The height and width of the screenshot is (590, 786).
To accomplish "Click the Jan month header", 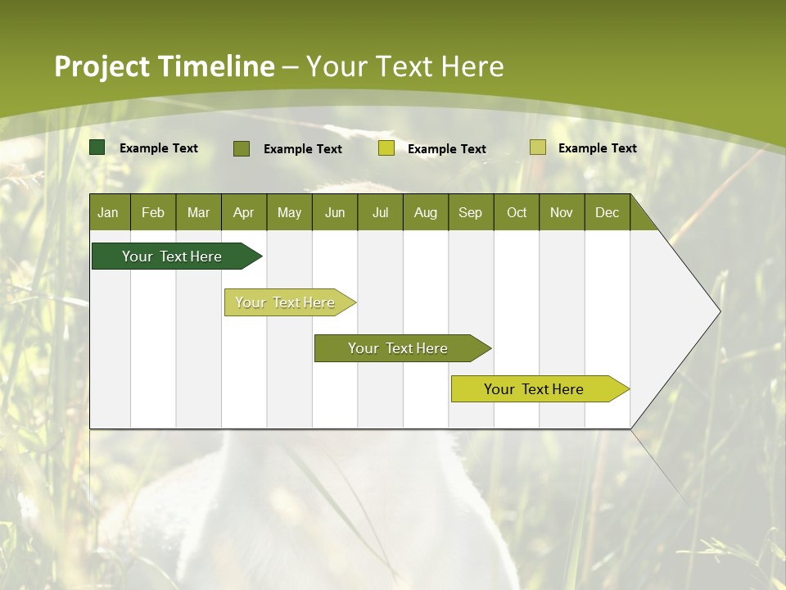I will click(x=109, y=212).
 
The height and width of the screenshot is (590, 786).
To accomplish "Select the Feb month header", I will click(x=153, y=212).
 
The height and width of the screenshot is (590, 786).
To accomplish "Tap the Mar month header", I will click(x=198, y=212).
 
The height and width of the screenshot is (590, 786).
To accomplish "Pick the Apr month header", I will click(x=244, y=212).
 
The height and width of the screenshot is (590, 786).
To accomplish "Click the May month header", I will click(x=289, y=212).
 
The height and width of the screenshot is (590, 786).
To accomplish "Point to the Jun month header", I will click(x=335, y=212).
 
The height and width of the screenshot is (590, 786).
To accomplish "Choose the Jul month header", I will click(x=380, y=212).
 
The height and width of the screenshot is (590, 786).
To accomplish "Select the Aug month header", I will click(x=426, y=212).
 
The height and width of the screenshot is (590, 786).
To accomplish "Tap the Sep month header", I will click(x=471, y=212).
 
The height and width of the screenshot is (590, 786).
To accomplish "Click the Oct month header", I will click(x=517, y=212).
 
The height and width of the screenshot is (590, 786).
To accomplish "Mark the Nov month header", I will click(x=562, y=212).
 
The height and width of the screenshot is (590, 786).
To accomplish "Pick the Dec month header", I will click(x=608, y=212).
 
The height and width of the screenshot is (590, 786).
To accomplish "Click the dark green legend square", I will click(x=97, y=147).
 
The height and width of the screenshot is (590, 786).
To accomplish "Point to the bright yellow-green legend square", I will click(x=386, y=148).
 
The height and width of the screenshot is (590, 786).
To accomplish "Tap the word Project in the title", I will click(x=102, y=66).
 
